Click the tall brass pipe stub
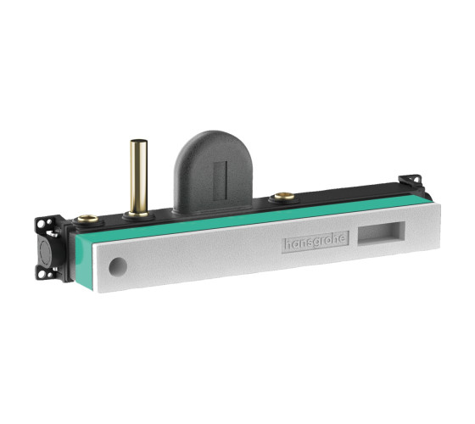tap(139, 178)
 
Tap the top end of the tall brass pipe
tap(139, 141)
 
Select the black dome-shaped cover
tap(213, 170)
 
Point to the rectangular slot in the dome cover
tap(221, 181)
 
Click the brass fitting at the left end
tap(88, 219)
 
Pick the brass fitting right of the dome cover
tap(284, 196)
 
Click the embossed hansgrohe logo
tap(316, 242)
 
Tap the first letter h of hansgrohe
tap(288, 243)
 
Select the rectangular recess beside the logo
tap(382, 232)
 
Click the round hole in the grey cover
tap(118, 267)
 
